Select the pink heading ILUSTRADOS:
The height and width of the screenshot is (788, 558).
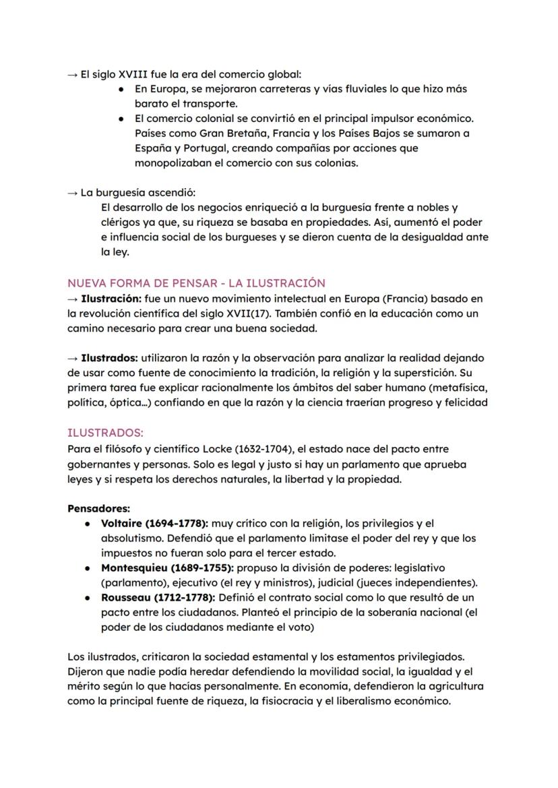click(105, 433)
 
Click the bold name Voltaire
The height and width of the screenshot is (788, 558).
click(123, 523)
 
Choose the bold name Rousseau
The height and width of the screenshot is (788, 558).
click(126, 597)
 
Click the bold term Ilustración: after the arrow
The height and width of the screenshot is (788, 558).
click(111, 298)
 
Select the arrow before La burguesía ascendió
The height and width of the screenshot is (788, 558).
click(73, 193)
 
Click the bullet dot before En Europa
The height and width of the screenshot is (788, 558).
click(120, 89)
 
